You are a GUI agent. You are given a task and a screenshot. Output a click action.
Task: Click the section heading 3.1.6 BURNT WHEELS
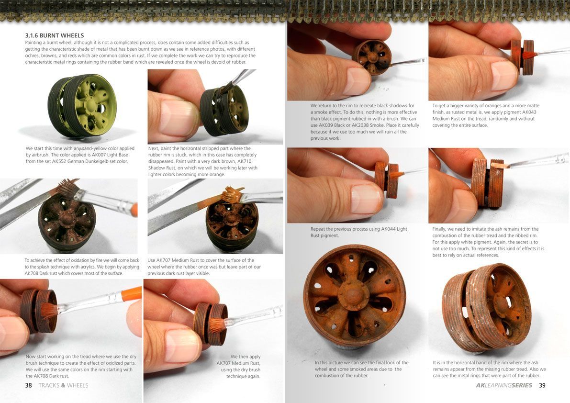click(55, 35)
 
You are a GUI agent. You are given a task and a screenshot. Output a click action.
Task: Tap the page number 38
click(28, 385)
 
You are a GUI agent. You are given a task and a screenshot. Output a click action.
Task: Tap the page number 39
click(542, 385)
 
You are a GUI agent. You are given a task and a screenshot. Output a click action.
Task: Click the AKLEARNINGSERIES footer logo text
click(504, 385)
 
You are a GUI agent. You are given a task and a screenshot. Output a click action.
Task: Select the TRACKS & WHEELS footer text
click(63, 385)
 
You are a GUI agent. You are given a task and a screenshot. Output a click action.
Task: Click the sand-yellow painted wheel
click(82, 105)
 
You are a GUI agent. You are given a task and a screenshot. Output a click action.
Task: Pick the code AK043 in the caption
click(528, 112)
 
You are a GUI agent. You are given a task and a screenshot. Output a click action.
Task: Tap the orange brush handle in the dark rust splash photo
click(134, 211)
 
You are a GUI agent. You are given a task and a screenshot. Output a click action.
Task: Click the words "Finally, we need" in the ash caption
click(450, 229)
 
